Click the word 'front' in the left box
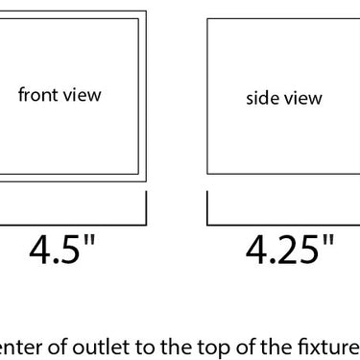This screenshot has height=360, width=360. click(37, 95)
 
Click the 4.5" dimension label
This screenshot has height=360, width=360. click(62, 250)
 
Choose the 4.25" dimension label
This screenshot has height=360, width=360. click(290, 250)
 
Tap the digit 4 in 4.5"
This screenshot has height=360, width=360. click(39, 250)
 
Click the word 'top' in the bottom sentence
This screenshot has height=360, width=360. click(210, 348)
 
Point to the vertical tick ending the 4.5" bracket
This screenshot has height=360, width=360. click(146, 208)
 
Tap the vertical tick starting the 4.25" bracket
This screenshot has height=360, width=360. click(207, 208)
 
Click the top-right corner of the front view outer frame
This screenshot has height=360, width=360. click(146, 12)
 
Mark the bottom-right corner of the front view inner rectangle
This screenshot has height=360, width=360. click(138, 174)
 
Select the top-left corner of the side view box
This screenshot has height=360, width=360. click(207, 19)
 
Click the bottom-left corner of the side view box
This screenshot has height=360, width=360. click(207, 174)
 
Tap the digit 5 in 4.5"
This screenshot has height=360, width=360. click(70, 250)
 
